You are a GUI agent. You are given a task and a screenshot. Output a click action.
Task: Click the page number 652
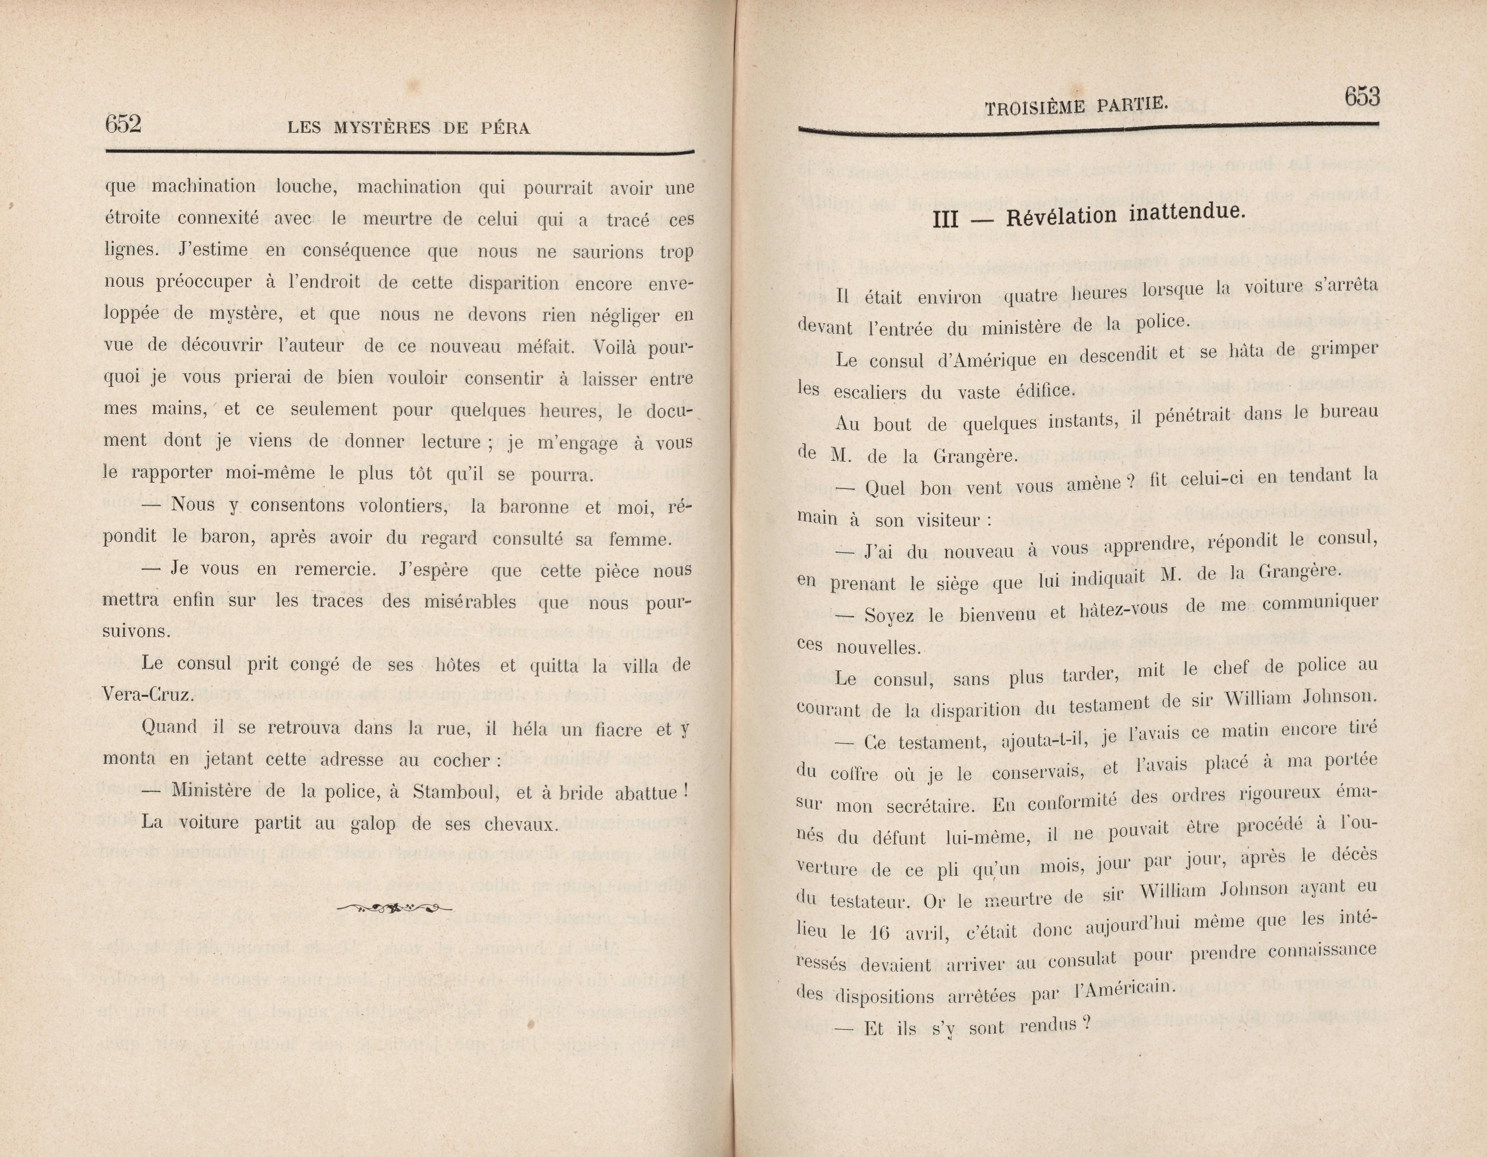[123, 124]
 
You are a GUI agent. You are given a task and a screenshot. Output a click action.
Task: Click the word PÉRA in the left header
[505, 128]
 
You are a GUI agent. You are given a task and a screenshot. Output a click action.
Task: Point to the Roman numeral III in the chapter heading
[945, 219]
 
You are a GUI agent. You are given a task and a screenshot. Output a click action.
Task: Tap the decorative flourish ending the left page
[395, 907]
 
